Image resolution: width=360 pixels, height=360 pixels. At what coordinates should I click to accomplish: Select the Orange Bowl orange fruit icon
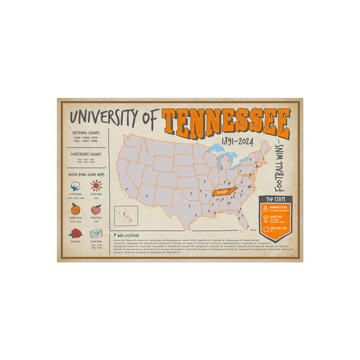click(74, 209)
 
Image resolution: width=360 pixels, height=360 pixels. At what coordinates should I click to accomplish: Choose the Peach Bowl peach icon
click(95, 209)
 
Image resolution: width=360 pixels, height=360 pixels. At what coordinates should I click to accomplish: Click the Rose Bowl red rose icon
click(74, 233)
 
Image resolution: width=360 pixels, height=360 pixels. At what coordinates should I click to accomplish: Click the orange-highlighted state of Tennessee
click(226, 192)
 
